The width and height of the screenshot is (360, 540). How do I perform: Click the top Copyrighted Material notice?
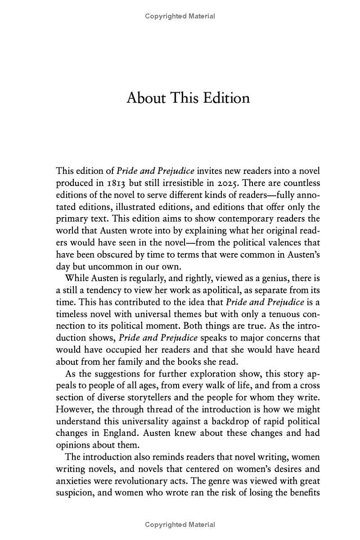tap(180, 16)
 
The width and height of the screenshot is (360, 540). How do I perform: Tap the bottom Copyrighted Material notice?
tap(180, 524)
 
